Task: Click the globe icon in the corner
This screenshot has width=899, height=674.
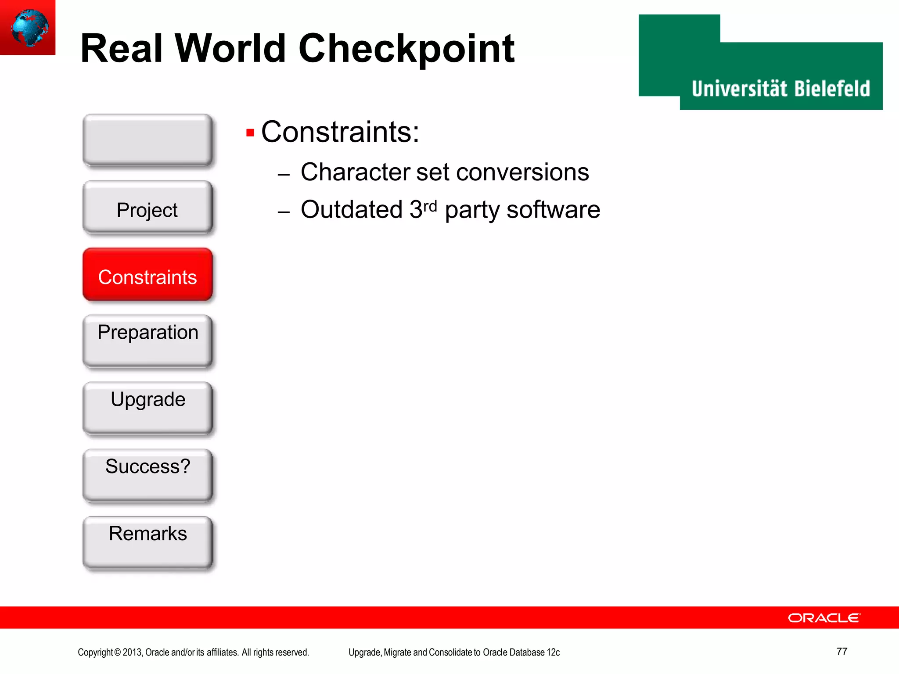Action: pos(29,27)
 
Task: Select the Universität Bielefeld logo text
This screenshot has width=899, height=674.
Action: pos(780,89)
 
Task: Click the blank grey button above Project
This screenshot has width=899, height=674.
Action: pos(147,140)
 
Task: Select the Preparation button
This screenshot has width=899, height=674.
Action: pos(147,341)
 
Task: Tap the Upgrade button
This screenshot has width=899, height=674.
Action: pos(147,408)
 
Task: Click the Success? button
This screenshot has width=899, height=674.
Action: pos(147,475)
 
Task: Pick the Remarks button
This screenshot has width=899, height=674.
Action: pos(147,542)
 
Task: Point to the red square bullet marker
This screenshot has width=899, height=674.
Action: pos(250,133)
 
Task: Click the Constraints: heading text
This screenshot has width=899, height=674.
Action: pos(340,132)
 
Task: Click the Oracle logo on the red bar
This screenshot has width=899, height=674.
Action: pos(824,618)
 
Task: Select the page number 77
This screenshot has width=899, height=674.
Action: pos(841,651)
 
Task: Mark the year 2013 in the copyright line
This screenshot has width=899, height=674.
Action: pos(132,652)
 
